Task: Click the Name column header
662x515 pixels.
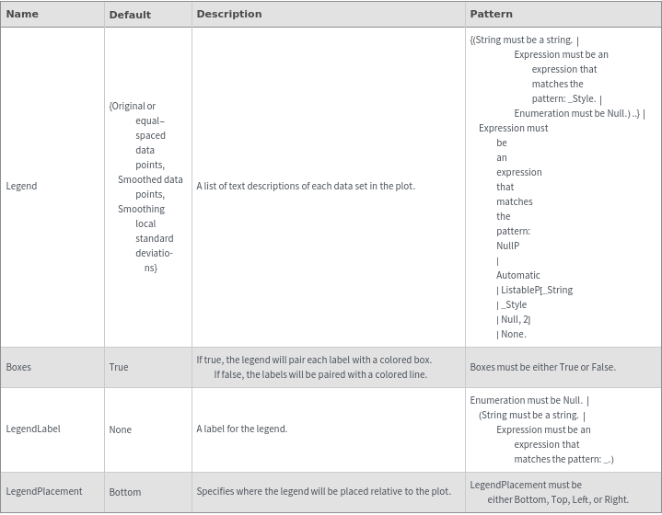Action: (x=22, y=14)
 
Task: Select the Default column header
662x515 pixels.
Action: (x=130, y=15)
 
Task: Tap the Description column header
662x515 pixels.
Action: (x=229, y=14)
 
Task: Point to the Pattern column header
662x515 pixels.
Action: (x=492, y=14)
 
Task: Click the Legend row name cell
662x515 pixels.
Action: (x=22, y=186)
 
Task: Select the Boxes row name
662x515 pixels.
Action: (x=18, y=367)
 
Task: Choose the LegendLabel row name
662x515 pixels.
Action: (x=33, y=429)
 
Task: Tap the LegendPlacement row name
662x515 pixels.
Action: (x=44, y=491)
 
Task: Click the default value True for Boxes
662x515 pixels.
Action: (x=119, y=367)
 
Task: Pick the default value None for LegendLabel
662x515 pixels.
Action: (x=120, y=429)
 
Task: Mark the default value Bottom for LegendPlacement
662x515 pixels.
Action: (x=125, y=492)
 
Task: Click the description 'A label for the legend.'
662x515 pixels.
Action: (x=242, y=429)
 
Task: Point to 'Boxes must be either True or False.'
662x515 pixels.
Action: (x=542, y=367)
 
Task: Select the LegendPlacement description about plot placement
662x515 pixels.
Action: (x=323, y=491)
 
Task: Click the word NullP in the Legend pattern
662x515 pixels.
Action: (x=508, y=246)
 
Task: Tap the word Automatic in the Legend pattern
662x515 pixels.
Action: (x=518, y=275)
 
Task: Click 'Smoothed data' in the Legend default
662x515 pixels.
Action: (x=150, y=179)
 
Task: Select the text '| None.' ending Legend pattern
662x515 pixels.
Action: (x=511, y=334)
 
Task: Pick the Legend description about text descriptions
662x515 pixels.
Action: (x=306, y=186)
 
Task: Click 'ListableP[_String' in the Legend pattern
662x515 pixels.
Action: (x=535, y=290)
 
